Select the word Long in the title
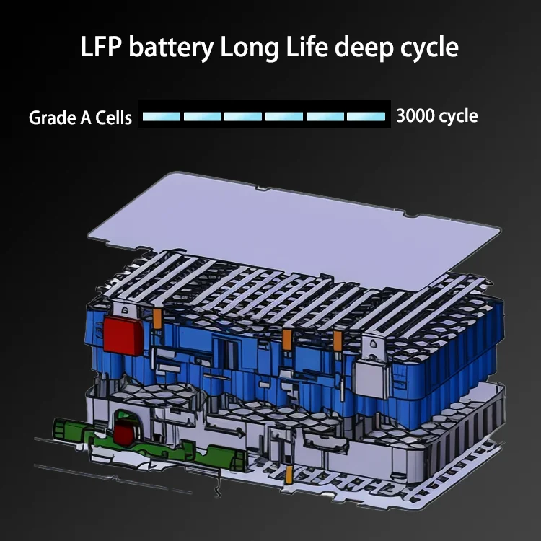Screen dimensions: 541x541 (x=246, y=48)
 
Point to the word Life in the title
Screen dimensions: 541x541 (x=306, y=48)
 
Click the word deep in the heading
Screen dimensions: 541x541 (x=367, y=48)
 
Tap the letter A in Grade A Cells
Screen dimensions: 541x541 (x=83, y=117)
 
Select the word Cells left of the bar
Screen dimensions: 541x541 (x=113, y=117)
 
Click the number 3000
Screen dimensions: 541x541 (x=417, y=115)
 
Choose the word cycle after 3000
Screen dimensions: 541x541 (x=459, y=115)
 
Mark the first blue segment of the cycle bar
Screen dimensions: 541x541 (x=162, y=115)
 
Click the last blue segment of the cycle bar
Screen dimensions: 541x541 (x=366, y=115)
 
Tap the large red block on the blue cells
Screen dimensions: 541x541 (x=124, y=333)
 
